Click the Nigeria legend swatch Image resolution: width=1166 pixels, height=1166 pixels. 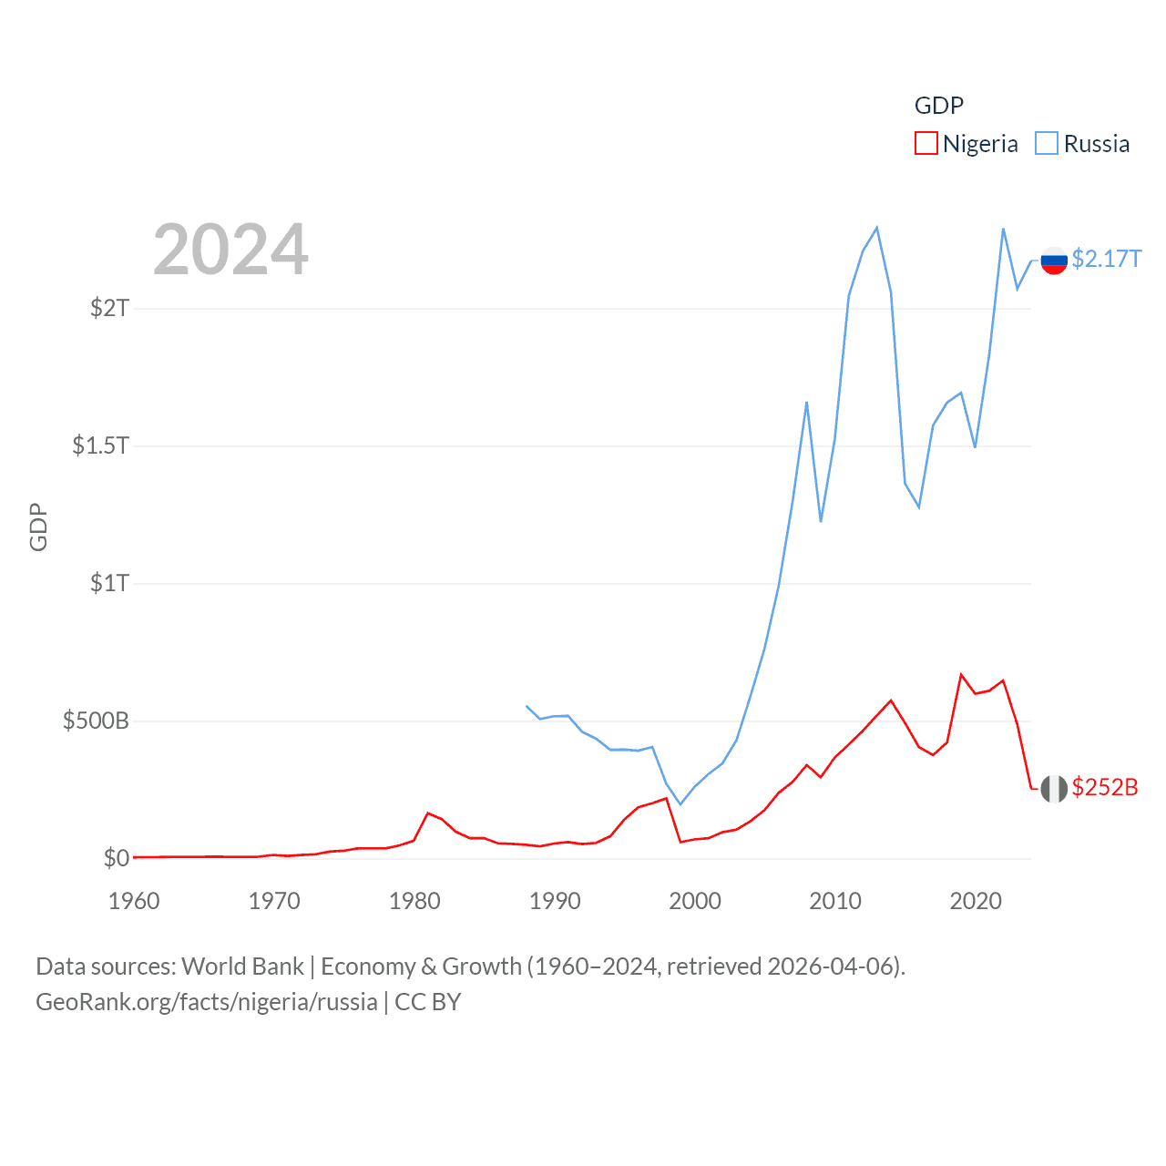coord(926,144)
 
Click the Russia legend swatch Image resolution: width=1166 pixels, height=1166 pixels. coord(1047,144)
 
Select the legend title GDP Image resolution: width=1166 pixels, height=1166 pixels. coord(938,106)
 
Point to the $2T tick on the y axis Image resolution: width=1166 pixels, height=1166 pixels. coord(109,308)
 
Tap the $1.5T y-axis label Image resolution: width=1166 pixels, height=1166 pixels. coord(100,445)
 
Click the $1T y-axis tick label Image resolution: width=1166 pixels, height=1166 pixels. coord(109,583)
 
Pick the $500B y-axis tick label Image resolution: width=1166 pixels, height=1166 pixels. coord(96,721)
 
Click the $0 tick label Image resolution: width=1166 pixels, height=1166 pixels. coord(116,858)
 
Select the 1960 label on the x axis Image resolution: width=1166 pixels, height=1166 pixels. coord(134,901)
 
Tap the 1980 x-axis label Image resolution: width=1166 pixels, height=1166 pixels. coord(414,901)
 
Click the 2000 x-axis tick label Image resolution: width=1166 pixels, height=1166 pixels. coord(695,901)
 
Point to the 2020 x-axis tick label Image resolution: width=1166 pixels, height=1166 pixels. coord(976,901)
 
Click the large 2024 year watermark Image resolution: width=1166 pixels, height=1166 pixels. coord(230,250)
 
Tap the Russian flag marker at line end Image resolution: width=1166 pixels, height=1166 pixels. coord(1054,261)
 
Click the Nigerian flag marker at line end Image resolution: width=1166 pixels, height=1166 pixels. coord(1054,789)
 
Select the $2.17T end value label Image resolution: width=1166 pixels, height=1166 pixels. coord(1106,260)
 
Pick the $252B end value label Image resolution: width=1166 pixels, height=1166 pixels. coord(1105,787)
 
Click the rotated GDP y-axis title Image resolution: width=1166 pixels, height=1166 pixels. coord(38,527)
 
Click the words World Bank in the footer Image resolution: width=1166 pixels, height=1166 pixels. coord(242,967)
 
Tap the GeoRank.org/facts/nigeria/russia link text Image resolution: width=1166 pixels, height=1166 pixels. coord(207,1002)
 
